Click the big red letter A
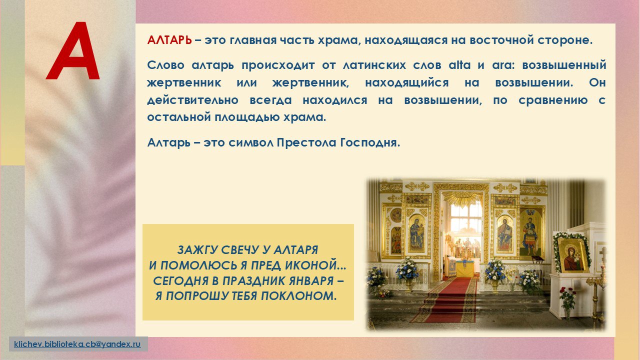(73, 51)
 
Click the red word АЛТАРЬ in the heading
(169, 40)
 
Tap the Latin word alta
(459, 65)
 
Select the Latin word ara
(502, 65)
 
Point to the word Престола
(306, 142)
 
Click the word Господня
(370, 143)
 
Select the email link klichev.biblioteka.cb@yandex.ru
(77, 344)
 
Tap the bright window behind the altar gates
(465, 217)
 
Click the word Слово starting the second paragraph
(165, 65)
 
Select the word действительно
(192, 100)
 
